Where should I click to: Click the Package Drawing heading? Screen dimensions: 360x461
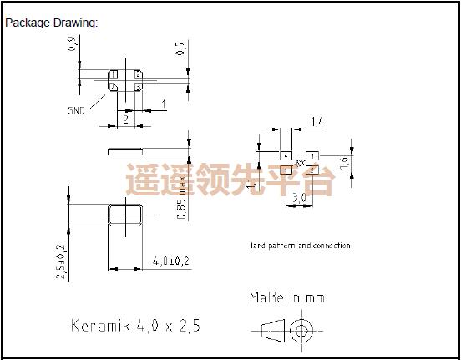(52, 23)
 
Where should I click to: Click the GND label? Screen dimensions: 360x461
(76, 110)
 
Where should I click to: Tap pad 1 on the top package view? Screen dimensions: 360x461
(114, 85)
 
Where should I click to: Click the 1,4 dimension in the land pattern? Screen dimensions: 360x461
(317, 123)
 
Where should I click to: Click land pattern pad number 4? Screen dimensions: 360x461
(286, 156)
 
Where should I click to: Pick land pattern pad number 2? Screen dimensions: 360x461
(312, 170)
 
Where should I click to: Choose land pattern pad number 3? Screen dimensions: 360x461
(312, 156)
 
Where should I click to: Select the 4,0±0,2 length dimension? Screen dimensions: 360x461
(172, 262)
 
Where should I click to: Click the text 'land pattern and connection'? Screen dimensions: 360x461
(301, 246)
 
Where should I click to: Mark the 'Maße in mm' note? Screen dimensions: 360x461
(286, 297)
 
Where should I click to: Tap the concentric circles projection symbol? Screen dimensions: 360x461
(300, 332)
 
